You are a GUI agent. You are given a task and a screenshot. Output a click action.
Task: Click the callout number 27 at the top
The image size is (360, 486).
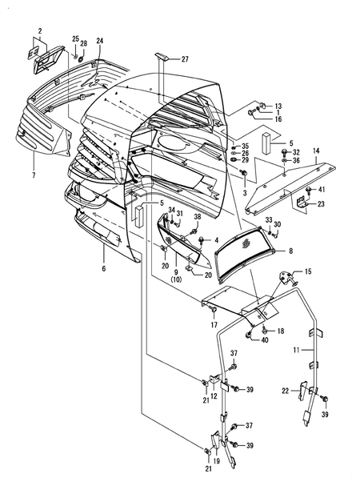click(185, 60)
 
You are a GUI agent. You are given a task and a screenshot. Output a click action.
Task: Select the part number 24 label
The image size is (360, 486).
click(100, 40)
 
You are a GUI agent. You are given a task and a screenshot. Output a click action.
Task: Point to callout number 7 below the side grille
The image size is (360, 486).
click(34, 175)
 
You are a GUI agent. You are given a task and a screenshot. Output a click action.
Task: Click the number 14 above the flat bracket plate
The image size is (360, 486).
click(316, 151)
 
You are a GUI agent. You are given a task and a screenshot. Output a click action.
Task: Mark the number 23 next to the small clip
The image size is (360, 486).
click(322, 205)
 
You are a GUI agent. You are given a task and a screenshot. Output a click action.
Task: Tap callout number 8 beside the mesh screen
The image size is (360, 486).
click(290, 251)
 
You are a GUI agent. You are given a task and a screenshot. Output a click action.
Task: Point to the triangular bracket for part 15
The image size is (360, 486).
click(285, 279)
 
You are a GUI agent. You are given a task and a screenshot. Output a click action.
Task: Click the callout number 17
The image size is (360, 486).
click(214, 324)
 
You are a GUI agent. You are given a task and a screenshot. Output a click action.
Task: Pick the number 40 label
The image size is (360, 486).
click(264, 339)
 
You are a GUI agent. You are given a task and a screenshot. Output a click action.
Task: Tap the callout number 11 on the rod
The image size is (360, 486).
click(296, 351)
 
